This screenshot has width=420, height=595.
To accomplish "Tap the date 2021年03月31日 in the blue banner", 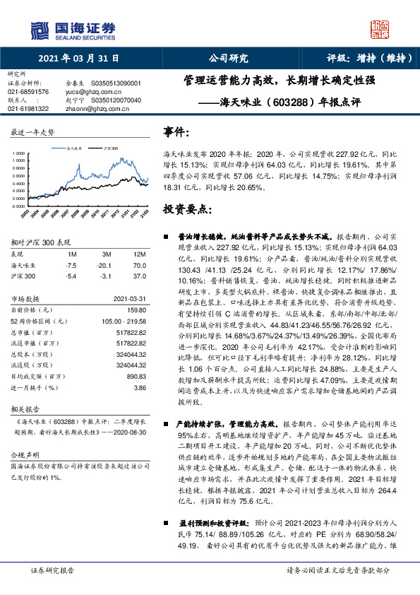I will coord(78,59).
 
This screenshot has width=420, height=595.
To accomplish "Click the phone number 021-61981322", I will coord(28,109).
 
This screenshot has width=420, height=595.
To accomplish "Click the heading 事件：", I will coord(176,132).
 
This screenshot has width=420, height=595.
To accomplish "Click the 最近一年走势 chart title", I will coord(32,133).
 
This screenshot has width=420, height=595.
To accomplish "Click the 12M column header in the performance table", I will coord(139,254).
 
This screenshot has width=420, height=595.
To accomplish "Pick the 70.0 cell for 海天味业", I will coord(139,264).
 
